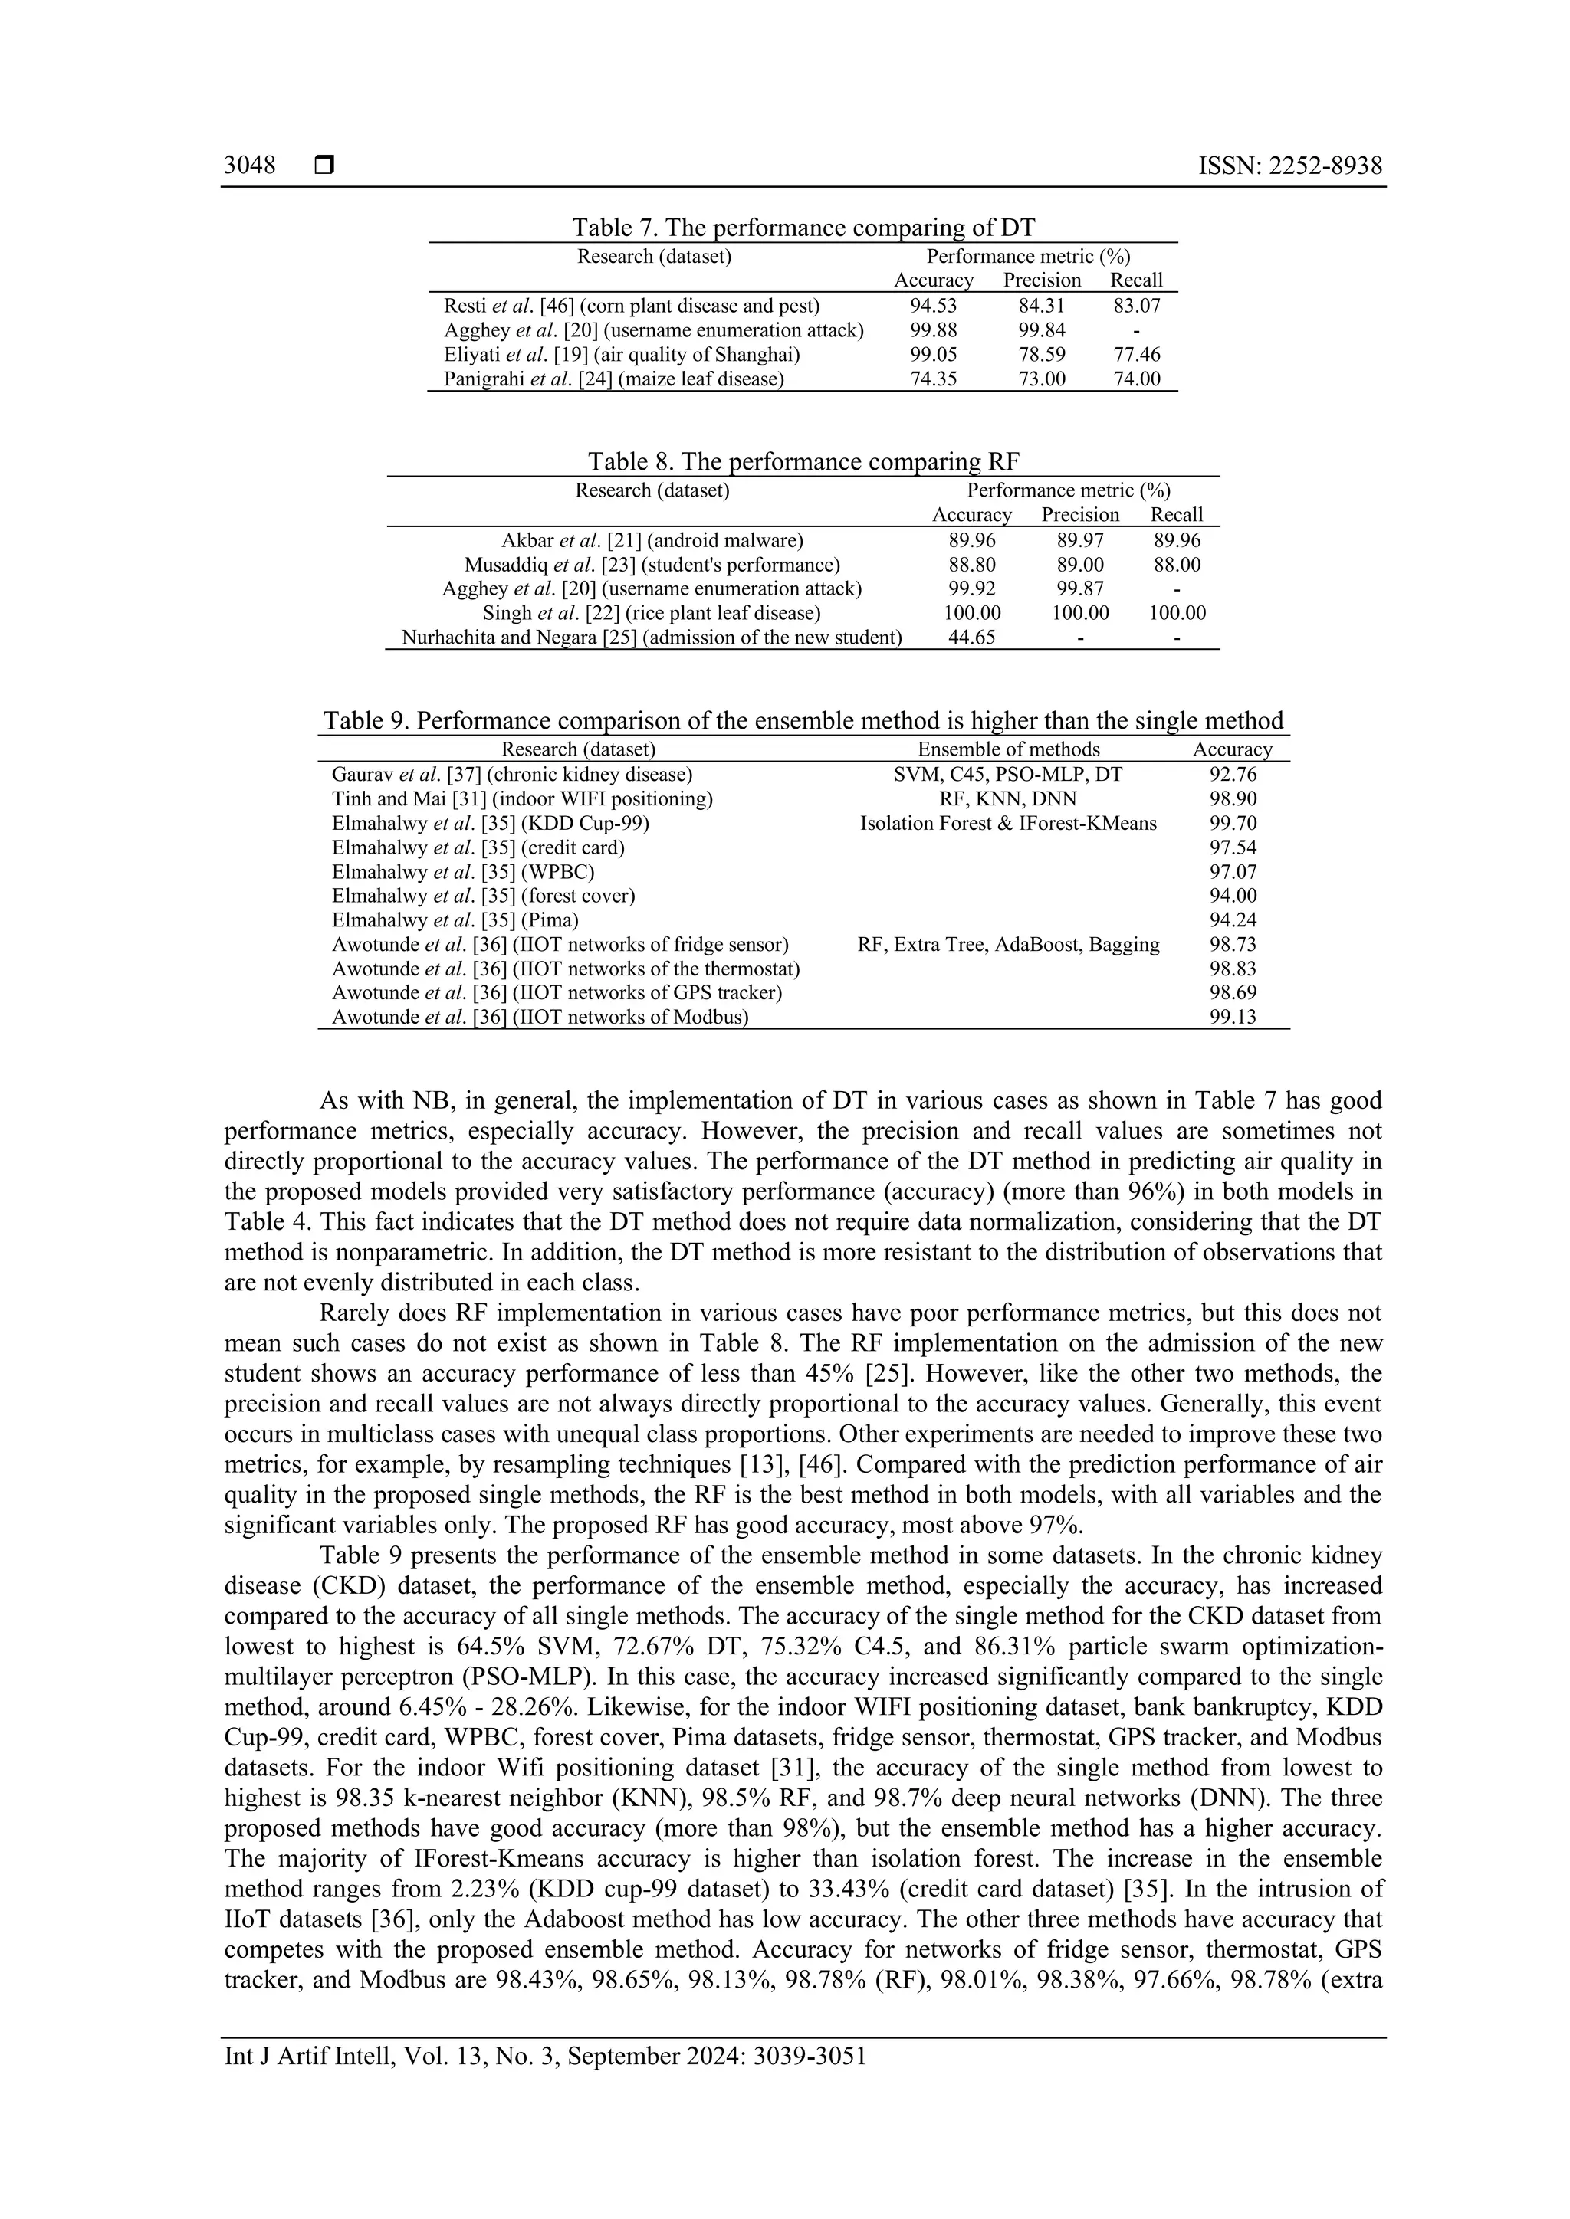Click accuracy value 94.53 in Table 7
click(933, 306)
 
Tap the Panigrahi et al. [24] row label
click(613, 379)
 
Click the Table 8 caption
click(803, 461)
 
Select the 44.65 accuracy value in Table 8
click(971, 637)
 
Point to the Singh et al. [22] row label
click(652, 613)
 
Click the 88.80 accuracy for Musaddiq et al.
click(971, 565)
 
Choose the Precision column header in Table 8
click(1080, 514)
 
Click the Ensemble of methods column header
click(1007, 749)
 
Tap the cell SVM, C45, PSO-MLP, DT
click(1007, 774)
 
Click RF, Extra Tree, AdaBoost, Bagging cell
click(1007, 944)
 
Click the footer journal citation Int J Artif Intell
click(544, 2056)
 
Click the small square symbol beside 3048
click(324, 166)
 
